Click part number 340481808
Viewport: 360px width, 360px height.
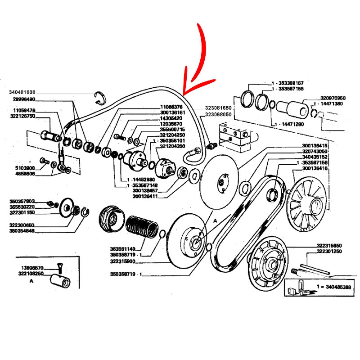tap(22, 93)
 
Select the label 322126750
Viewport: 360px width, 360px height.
tap(23, 116)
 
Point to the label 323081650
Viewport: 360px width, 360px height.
tap(218, 108)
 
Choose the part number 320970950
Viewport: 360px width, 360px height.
tap(333, 98)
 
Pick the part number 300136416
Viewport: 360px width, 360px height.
tap(315, 168)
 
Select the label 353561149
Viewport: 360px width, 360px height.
tap(123, 248)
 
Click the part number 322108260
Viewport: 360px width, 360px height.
tap(31, 273)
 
